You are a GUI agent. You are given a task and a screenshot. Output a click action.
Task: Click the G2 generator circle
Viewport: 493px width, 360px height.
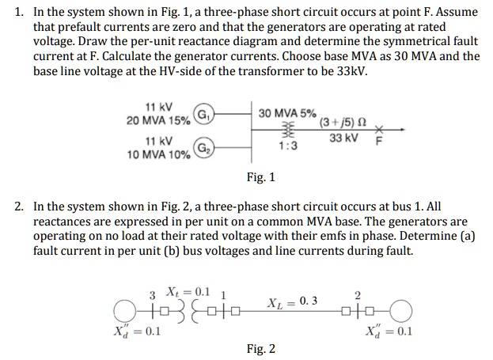203,148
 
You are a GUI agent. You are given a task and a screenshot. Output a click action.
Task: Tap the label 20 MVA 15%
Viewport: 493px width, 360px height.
159,120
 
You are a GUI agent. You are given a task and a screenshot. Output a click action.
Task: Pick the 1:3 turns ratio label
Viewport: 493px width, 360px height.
286,146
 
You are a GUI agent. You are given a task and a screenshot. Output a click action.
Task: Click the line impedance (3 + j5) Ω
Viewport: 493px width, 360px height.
343,123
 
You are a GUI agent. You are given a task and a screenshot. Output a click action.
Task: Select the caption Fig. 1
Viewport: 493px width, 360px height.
260,177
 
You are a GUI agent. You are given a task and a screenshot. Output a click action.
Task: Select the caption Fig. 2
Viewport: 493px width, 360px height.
260,348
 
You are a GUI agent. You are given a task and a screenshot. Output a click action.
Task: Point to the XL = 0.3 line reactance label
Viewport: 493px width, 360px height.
291,301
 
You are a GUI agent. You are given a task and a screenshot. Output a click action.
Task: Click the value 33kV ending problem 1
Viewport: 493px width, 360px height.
349,70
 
